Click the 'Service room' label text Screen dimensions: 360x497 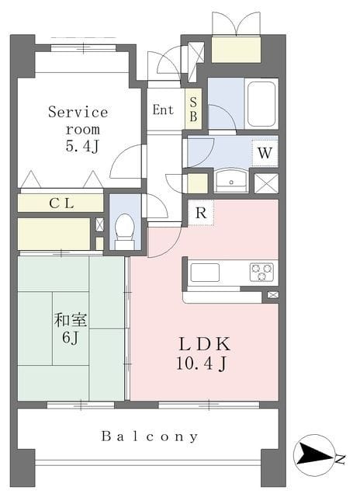point(78,120)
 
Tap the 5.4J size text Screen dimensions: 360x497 point(82,146)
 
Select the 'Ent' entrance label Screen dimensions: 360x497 point(163,109)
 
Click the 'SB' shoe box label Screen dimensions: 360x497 point(193,109)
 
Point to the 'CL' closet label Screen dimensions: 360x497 point(62,203)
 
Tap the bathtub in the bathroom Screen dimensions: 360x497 point(261,104)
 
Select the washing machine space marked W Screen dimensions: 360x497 point(265,153)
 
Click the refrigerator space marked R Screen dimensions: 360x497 point(201,213)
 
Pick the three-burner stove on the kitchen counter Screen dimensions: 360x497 point(261,273)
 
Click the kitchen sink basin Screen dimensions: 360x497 point(205,273)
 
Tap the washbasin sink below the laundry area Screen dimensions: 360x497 point(231,181)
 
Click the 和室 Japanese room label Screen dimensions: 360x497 point(71,320)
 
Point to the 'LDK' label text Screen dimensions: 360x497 point(205,344)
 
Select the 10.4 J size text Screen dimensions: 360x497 point(202,363)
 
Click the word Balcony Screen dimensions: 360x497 point(150,436)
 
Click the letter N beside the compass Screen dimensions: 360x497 point(340,459)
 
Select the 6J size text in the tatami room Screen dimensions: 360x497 point(71,338)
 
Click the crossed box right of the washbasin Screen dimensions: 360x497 point(266,183)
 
